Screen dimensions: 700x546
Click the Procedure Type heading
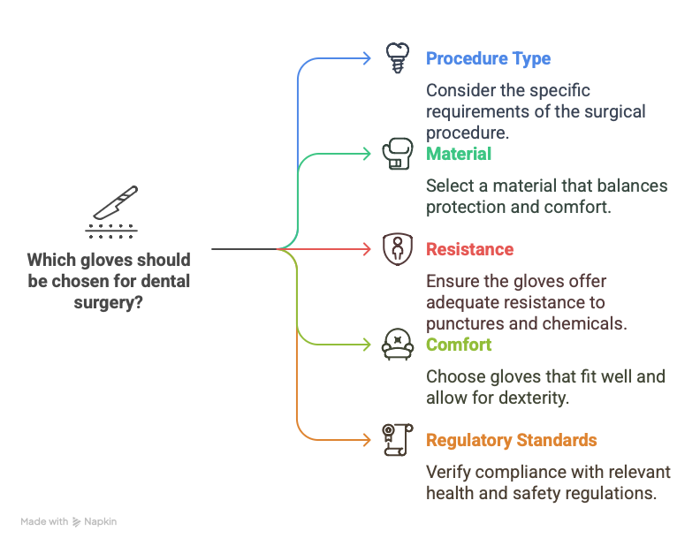point(488,59)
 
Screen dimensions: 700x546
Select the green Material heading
point(459,154)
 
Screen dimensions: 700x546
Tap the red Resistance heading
point(469,249)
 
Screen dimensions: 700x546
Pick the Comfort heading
point(459,345)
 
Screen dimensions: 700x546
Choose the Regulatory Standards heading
point(511,441)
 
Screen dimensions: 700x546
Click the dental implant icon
point(398,58)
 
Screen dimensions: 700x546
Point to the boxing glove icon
point(398,154)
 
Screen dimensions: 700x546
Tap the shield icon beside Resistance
point(398,249)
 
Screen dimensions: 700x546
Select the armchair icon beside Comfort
point(398,345)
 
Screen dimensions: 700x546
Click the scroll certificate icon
point(398,440)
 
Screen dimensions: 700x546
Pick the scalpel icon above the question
point(111,212)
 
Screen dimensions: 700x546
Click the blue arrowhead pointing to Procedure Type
point(367,58)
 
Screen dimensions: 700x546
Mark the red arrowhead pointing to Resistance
point(367,249)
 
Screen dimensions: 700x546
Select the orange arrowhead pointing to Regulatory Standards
point(367,440)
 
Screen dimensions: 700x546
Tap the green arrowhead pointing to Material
point(367,154)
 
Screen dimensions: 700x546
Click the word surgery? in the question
point(109,303)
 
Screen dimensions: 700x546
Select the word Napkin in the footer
point(101,521)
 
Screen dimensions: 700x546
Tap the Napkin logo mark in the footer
point(77,522)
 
